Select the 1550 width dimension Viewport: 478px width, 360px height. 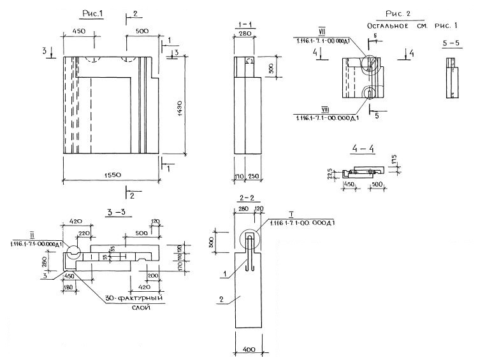coord(109,174)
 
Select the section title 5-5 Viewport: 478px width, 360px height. coord(451,45)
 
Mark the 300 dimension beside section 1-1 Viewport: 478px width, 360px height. coord(270,68)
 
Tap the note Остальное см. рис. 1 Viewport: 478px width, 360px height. coord(412,25)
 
